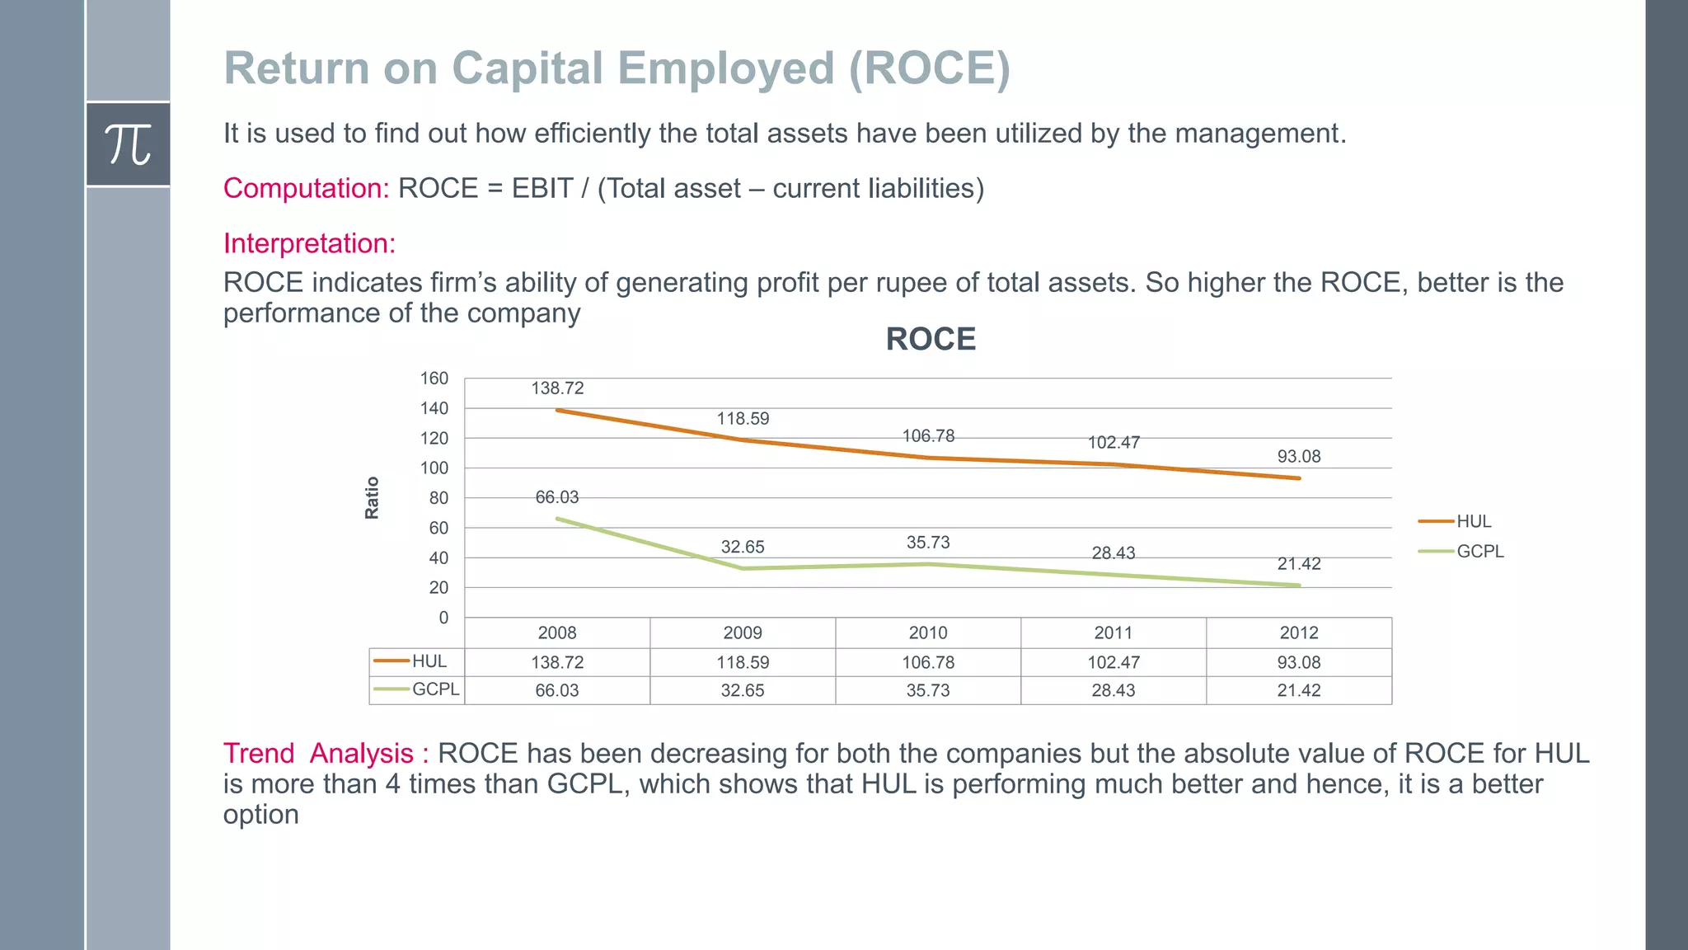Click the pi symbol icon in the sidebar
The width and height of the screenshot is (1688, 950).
tap(129, 144)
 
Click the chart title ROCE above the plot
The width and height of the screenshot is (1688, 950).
tap(931, 339)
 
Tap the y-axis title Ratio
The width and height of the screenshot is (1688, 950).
tap(372, 497)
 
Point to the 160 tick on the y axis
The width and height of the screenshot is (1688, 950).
tap(434, 379)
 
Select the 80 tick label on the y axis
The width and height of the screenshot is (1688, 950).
tap(438, 498)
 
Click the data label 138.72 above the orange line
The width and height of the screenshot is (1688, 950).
tap(557, 388)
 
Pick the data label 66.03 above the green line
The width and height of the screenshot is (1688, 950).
tap(557, 497)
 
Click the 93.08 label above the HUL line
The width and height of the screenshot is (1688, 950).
tap(1299, 457)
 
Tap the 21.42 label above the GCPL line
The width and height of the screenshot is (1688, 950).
tap(1299, 564)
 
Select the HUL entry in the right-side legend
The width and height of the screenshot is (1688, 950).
tap(1473, 521)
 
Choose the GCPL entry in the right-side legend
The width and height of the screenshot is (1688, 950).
tap(1479, 552)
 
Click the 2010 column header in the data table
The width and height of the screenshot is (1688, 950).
tap(928, 633)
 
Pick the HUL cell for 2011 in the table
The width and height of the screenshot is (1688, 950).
tap(1114, 662)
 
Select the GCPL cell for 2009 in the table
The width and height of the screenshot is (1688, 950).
tap(743, 690)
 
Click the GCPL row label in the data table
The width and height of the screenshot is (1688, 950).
tap(434, 689)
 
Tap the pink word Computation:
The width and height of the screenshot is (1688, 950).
tap(306, 188)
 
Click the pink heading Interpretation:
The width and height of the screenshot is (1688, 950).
tap(309, 243)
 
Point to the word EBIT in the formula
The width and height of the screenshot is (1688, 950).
tap(542, 188)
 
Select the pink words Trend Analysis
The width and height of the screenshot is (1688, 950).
tap(318, 753)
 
